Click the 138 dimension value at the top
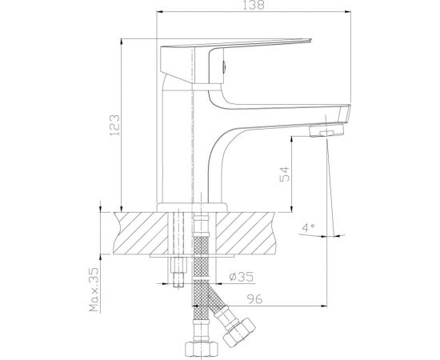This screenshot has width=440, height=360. (253, 6)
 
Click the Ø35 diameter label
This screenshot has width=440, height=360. (239, 277)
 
